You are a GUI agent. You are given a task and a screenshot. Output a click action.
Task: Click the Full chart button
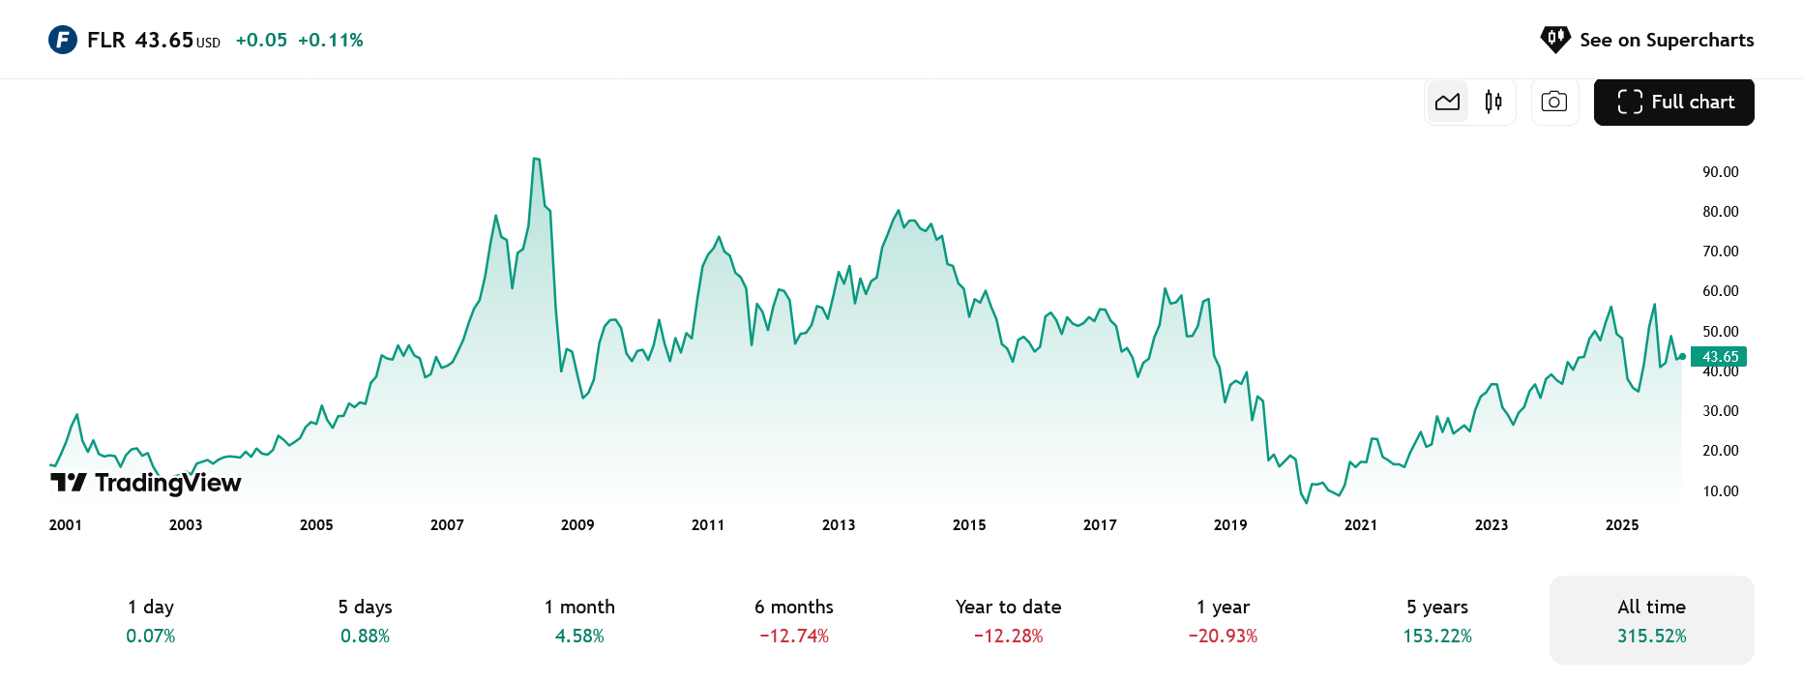pos(1673,102)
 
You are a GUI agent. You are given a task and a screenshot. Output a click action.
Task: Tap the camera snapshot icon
pos(1554,102)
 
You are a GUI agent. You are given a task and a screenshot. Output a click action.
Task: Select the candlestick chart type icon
pos(1493,102)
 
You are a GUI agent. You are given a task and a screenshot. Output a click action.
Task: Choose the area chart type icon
pos(1448,102)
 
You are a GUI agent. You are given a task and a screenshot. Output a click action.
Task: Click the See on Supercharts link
pos(1647,40)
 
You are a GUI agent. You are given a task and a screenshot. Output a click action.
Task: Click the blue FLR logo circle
pos(63,40)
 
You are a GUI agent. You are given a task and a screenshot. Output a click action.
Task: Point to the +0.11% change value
pos(330,40)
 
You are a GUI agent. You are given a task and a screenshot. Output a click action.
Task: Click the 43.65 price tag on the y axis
pos(1719,357)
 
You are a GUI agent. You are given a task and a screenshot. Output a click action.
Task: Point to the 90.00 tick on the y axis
pos(1720,172)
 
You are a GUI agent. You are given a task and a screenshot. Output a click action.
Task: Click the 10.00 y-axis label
pos(1720,491)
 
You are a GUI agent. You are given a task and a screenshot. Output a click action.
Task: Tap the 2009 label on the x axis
pos(577,525)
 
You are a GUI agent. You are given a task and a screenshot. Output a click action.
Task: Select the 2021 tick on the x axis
pos(1361,525)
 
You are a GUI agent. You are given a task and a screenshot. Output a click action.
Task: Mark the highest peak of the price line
pos(536,159)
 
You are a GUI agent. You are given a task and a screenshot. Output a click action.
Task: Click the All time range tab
pos(1651,620)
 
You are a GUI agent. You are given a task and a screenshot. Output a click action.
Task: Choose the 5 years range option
pos(1437,620)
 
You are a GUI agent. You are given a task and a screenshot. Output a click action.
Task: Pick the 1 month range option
pos(579,620)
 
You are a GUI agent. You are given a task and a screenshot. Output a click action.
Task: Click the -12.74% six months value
pos(794,637)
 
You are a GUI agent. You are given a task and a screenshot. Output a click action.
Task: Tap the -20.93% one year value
pos(1223,637)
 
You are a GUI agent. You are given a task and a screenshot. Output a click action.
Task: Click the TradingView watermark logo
pos(146,483)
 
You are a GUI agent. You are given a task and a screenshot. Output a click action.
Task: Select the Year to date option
pos(1008,620)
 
